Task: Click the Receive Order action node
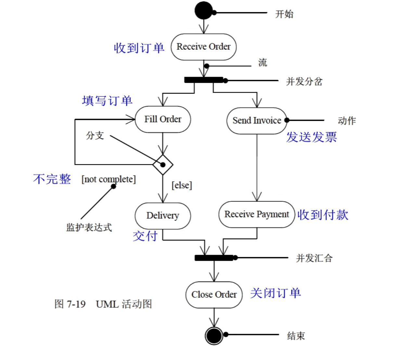point(203,47)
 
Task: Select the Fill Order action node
point(163,119)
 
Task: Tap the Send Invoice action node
point(257,121)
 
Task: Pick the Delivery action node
point(163,216)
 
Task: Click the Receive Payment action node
point(256,214)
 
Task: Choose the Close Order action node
point(214,295)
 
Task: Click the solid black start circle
point(204,11)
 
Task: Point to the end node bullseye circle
point(214,335)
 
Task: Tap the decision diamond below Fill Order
point(163,165)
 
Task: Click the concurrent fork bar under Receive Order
point(203,80)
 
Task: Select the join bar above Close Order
point(214,258)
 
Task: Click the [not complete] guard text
point(109,179)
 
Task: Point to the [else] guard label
point(182,185)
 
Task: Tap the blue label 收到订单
point(139,48)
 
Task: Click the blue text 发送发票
point(311,137)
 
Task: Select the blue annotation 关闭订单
point(275,293)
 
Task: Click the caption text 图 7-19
point(70,304)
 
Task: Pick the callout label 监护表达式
point(89,227)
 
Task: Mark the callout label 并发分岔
point(304,81)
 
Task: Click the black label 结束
point(296,336)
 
